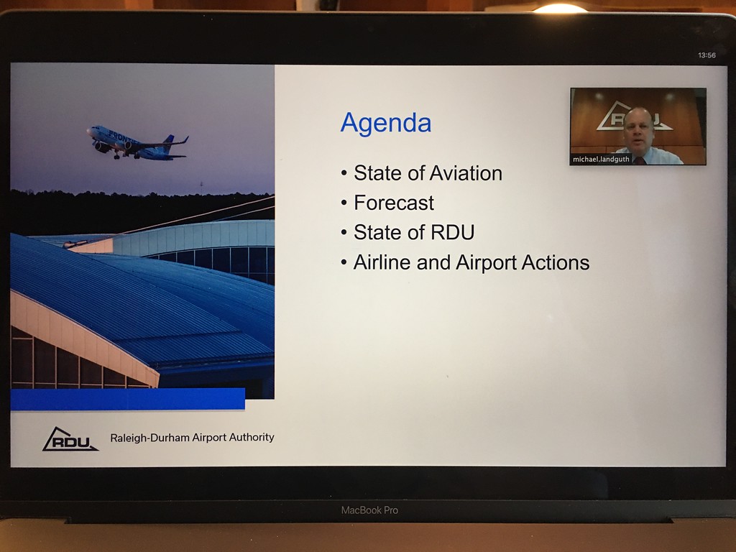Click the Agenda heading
point(386,124)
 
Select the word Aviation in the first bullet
point(466,173)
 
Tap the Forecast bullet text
point(394,203)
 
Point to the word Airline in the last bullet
point(382,262)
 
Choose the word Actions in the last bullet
point(556,262)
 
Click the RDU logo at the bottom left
point(70,439)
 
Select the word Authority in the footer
point(252,437)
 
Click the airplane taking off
point(137,143)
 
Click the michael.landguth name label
point(601,159)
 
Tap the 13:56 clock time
point(707,55)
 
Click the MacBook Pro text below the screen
point(369,510)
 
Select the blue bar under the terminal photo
point(128,399)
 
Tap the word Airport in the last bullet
point(486,263)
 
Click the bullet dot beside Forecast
point(344,203)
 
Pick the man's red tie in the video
point(639,160)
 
